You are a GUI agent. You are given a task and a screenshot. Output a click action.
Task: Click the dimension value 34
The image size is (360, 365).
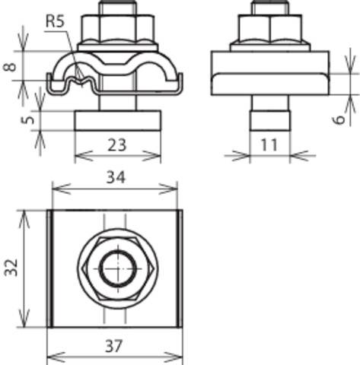pos(115,179)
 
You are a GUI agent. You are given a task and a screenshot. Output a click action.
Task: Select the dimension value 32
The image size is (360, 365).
pos(11,268)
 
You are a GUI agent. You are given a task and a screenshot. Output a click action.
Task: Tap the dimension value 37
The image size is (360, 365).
pos(115,344)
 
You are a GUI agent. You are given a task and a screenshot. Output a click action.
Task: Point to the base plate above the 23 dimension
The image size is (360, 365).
pos(117,119)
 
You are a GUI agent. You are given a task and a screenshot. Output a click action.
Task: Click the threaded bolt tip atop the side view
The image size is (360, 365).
pos(270,9)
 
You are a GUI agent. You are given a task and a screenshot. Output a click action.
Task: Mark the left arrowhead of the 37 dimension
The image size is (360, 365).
pos(51,357)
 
